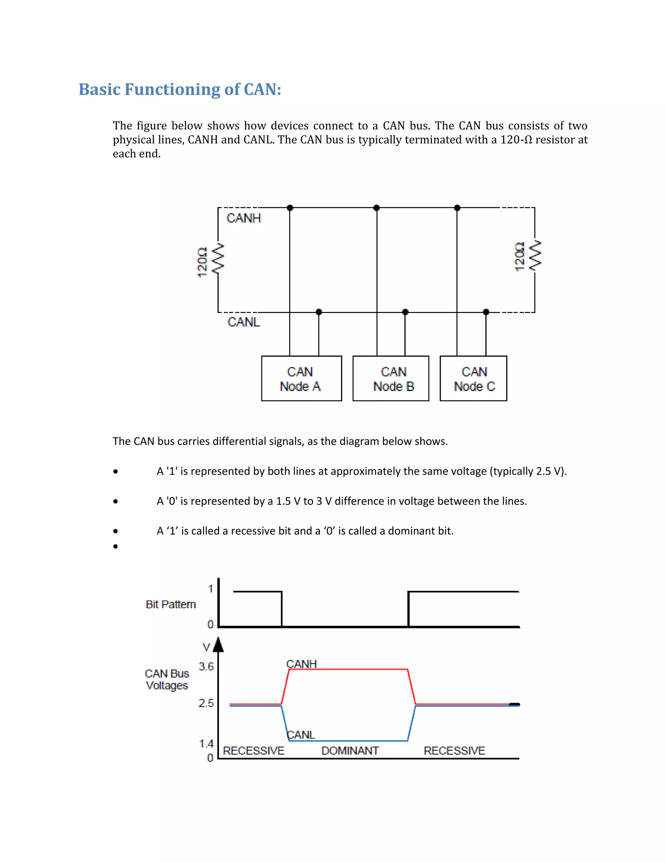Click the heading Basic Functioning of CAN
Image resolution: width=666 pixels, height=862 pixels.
[x=180, y=89]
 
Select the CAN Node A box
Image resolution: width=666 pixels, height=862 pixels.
[x=301, y=379]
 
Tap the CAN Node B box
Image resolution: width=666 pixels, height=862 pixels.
[x=391, y=379]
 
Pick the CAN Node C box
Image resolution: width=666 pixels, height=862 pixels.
[x=473, y=379]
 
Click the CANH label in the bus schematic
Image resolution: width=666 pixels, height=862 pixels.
[x=244, y=218]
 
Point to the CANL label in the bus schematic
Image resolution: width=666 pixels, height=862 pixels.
[x=244, y=322]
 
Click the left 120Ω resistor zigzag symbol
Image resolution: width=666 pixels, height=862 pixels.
[x=218, y=258]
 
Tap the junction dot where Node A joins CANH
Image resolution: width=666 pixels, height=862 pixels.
[x=290, y=208]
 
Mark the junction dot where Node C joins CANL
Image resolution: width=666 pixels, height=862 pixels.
[x=486, y=312]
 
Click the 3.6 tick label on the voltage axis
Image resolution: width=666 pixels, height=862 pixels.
[x=206, y=667]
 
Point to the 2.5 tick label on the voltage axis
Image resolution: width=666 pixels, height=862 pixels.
[x=206, y=703]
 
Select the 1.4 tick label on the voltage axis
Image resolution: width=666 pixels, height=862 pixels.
[x=206, y=744]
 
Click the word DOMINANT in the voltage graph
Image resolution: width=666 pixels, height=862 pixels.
[x=350, y=750]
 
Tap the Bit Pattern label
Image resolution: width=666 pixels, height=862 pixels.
[x=170, y=604]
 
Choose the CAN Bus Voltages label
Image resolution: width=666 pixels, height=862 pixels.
[x=167, y=679]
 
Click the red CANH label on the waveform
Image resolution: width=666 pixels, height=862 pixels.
[x=301, y=664]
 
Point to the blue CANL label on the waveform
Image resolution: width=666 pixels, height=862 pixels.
[x=301, y=734]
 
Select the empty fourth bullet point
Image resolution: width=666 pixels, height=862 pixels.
[x=115, y=546]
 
